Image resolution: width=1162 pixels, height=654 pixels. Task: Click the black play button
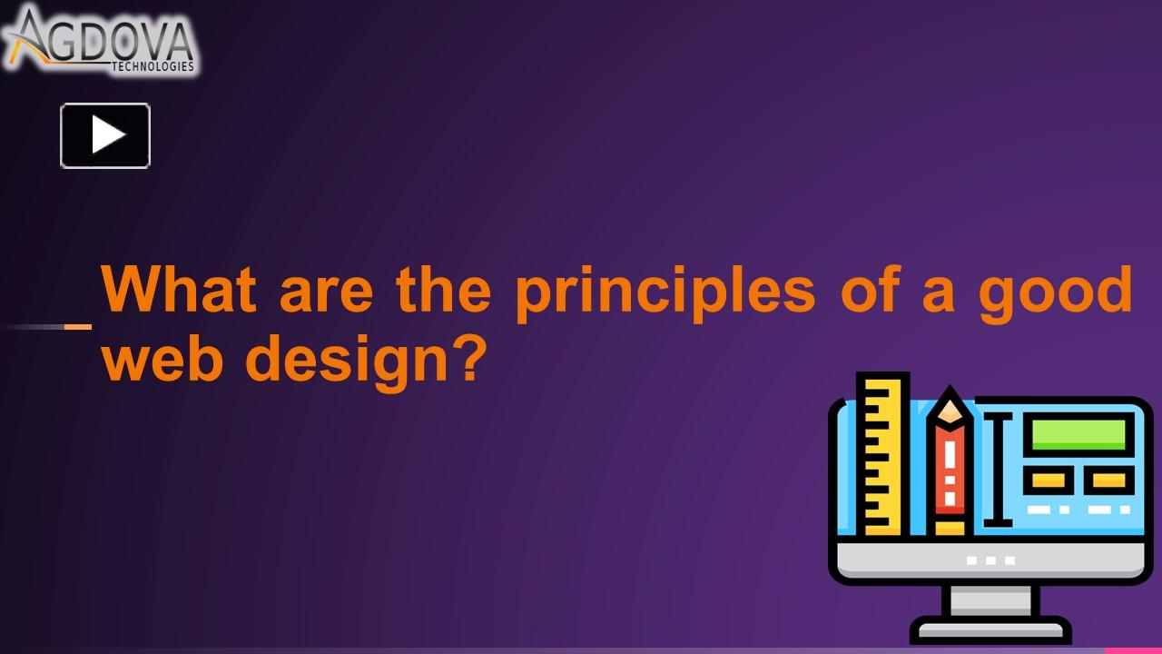105,135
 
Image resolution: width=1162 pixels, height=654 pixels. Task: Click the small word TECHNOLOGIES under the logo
153,66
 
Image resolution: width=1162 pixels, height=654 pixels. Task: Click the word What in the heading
179,289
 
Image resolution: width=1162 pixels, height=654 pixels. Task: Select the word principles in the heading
665,293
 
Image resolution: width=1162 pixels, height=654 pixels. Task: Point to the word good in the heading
1055,293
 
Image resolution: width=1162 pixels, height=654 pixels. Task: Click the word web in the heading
162,357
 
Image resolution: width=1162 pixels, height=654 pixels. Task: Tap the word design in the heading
347,362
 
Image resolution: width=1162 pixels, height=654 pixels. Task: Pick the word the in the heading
443,289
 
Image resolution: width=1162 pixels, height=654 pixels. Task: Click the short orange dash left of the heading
78,327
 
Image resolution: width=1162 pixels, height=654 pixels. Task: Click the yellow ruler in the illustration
882,455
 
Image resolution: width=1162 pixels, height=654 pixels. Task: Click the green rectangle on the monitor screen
1078,434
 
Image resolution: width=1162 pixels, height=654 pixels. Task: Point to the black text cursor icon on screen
998,471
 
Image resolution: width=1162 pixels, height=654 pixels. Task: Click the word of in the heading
870,289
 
